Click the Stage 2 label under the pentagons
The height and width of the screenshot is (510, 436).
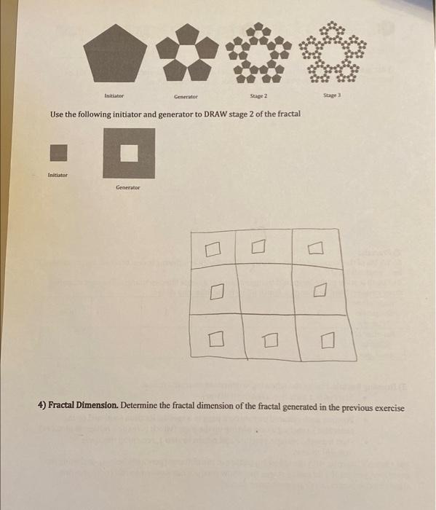pyautogui.click(x=259, y=95)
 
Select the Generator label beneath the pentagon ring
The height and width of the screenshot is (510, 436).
pyautogui.click(x=186, y=96)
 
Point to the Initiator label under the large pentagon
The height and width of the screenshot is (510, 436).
pyautogui.click(x=114, y=95)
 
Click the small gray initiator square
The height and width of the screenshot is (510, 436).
pyautogui.click(x=58, y=152)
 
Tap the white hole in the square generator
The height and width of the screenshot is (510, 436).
pyautogui.click(x=128, y=152)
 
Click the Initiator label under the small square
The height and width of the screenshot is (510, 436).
pyautogui.click(x=58, y=175)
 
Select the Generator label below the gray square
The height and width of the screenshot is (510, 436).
pyautogui.click(x=127, y=187)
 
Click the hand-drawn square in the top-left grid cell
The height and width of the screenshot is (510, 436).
pyautogui.click(x=211, y=251)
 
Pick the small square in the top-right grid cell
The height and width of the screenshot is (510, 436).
pyautogui.click(x=314, y=250)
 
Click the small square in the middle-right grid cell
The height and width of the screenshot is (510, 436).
pyautogui.click(x=317, y=292)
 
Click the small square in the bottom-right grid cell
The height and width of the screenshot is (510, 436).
pyautogui.click(x=325, y=339)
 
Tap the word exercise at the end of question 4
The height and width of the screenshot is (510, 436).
pyautogui.click(x=389, y=407)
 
